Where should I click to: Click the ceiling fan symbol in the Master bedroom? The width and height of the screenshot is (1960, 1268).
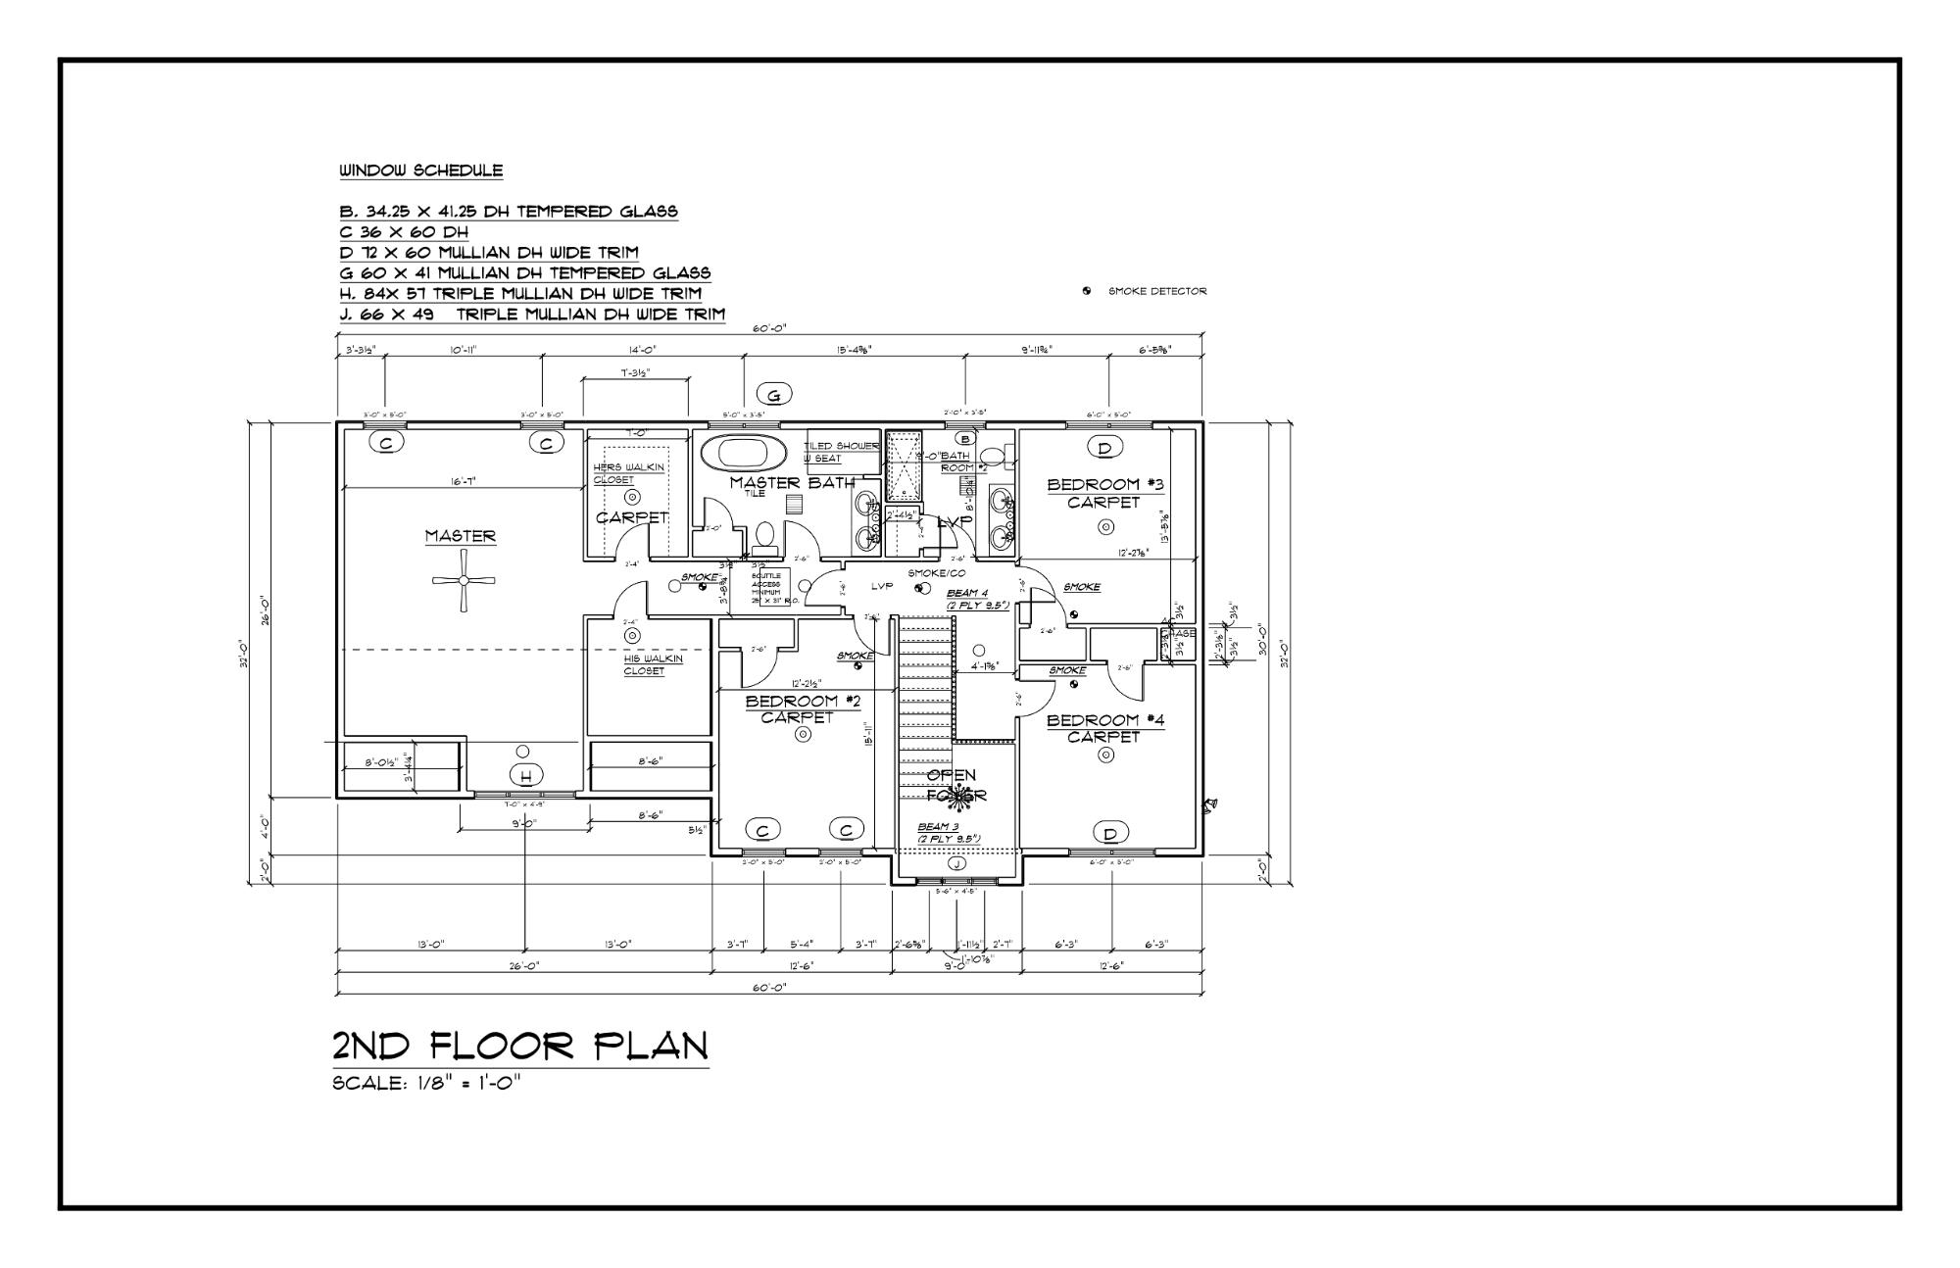464,580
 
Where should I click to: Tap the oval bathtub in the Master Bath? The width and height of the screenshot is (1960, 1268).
743,454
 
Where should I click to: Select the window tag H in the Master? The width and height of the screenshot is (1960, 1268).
525,776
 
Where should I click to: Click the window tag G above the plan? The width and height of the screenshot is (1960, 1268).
774,395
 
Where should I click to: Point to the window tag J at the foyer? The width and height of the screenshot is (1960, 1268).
957,863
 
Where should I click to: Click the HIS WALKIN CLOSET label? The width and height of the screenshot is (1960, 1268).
653,664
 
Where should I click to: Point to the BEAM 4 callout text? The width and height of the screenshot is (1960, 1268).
976,599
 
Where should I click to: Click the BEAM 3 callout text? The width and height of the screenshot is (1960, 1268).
948,832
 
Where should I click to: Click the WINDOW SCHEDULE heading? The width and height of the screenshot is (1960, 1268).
421,171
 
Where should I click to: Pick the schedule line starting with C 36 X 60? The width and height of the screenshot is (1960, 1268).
404,232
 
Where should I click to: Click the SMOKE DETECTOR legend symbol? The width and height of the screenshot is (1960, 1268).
1087,291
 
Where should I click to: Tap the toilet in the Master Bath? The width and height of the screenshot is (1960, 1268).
765,536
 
